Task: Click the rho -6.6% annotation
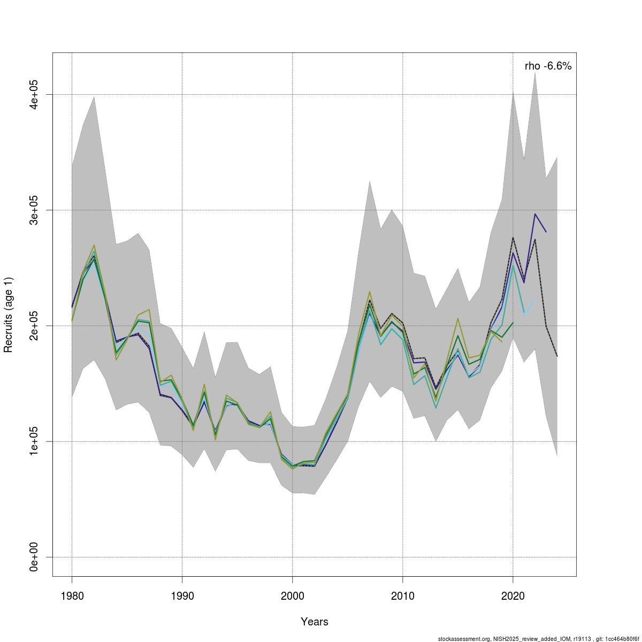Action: coord(548,66)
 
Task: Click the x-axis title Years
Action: coord(315,622)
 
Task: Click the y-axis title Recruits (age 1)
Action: coord(9,315)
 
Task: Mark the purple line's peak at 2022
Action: coord(535,214)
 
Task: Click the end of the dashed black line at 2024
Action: coord(557,356)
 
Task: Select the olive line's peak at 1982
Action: coord(94,245)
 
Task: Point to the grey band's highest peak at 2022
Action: coord(535,72)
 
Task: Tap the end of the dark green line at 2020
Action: coord(513,322)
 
